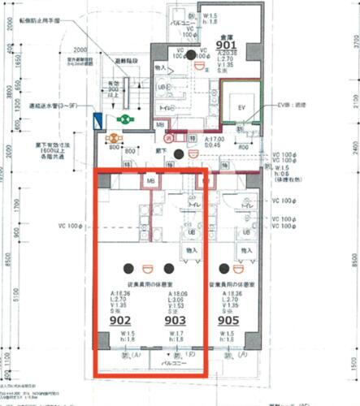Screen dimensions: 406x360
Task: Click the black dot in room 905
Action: click(x=221, y=268)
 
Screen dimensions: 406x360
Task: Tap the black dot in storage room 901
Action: click(x=192, y=55)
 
